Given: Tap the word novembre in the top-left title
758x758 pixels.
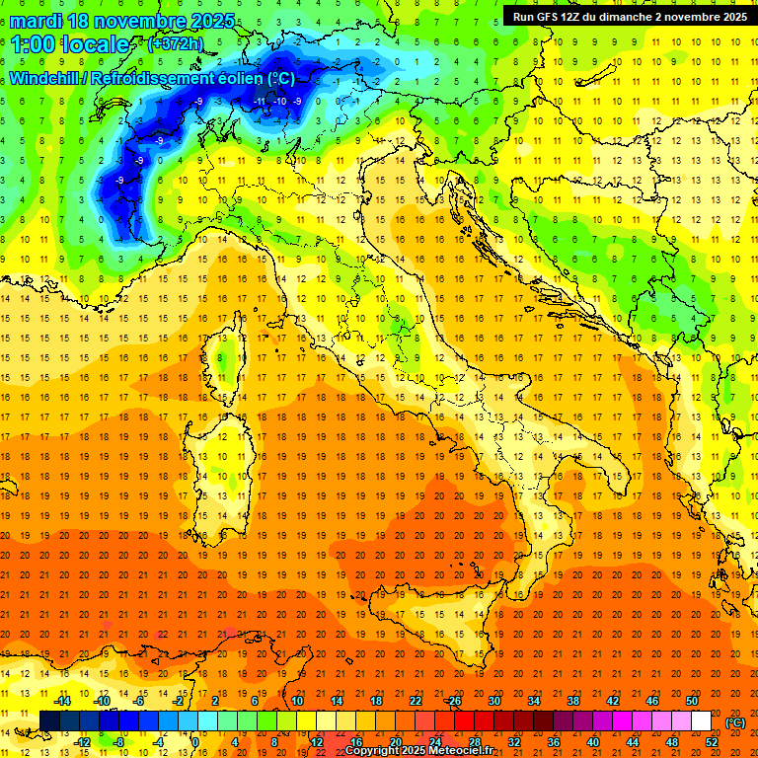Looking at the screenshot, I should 137,20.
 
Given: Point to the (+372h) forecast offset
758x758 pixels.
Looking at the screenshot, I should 176,44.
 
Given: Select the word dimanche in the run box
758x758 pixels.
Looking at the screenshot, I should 636,17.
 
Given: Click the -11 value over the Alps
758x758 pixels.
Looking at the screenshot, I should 261,102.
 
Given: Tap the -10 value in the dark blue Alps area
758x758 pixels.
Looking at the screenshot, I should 280,102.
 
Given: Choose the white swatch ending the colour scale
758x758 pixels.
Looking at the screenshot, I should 701,720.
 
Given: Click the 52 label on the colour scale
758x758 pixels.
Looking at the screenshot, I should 712,741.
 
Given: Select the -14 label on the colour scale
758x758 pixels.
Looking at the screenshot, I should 63,701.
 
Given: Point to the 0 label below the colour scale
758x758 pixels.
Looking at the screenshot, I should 195,741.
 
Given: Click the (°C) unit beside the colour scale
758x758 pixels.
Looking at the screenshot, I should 734,721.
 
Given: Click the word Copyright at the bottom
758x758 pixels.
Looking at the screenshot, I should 373,751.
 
